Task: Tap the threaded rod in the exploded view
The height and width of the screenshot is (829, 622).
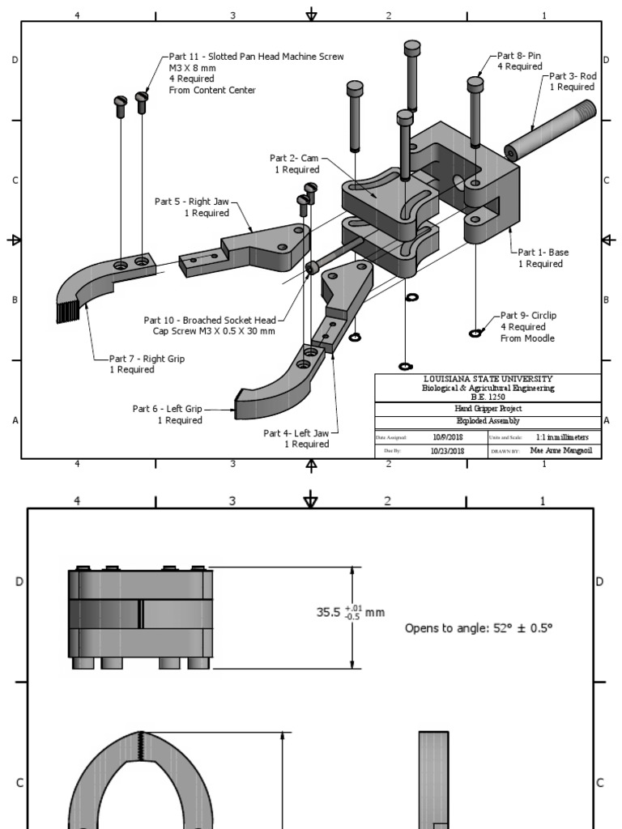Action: coord(552,129)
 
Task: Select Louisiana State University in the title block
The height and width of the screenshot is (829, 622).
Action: coord(488,379)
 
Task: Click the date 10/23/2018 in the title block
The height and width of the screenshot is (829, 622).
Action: coord(446,452)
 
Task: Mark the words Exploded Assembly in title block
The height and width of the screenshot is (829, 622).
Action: coord(488,422)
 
